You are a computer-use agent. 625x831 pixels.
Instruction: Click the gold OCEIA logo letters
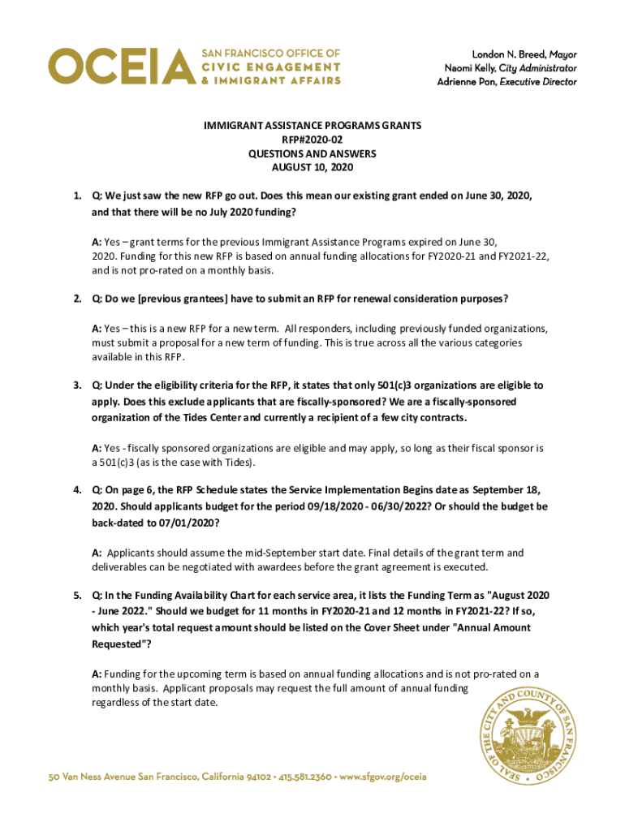[122, 66]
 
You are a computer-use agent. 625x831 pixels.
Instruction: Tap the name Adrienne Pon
[467, 82]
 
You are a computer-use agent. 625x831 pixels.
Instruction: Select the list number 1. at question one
[77, 196]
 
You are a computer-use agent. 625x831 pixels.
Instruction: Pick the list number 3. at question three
[77, 385]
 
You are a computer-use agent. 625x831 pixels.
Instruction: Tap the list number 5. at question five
[77, 596]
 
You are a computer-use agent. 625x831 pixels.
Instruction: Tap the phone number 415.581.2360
[305, 777]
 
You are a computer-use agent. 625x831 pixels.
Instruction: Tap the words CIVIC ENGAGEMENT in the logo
[270, 66]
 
